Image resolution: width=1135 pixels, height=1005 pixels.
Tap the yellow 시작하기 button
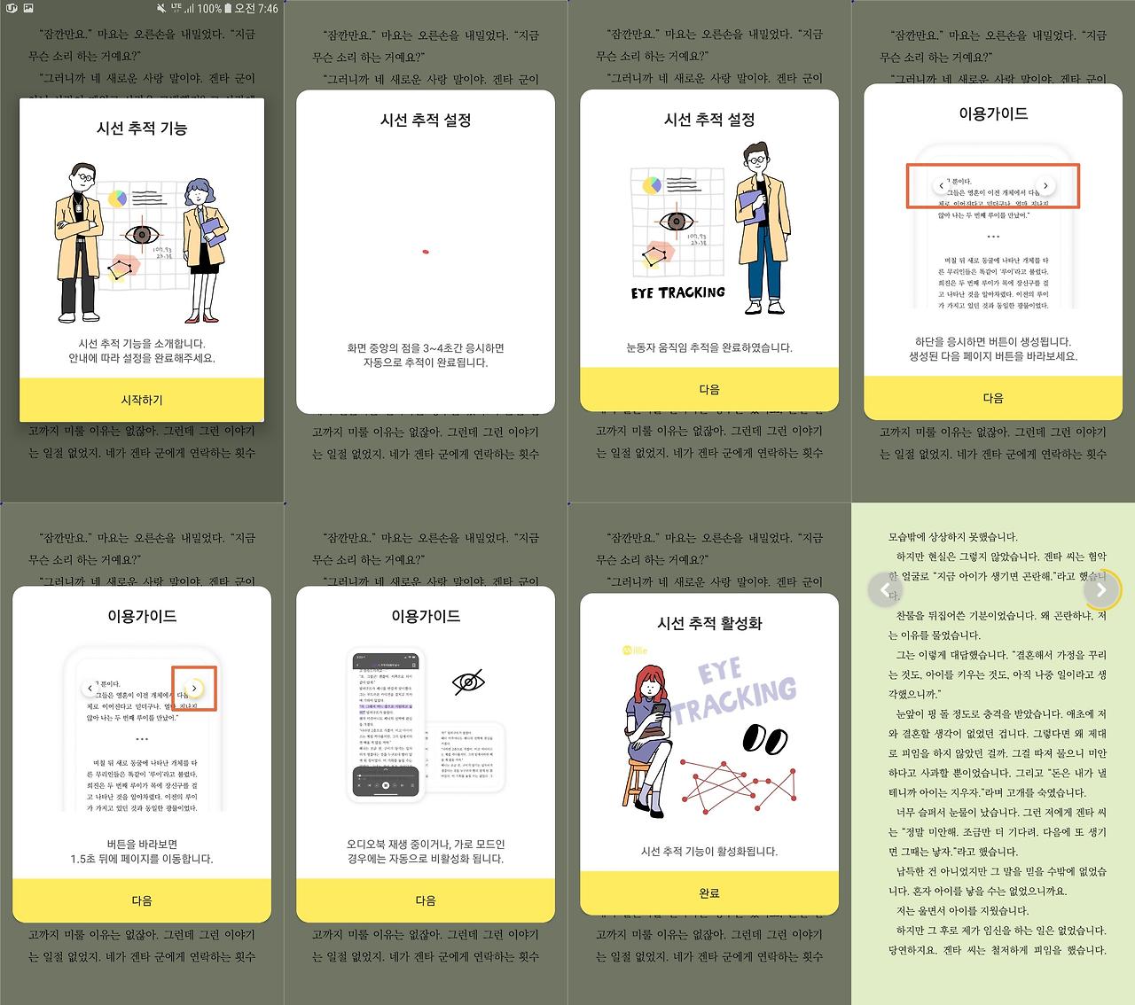[142, 400]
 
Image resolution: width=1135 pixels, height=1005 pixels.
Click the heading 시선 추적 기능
[142, 129]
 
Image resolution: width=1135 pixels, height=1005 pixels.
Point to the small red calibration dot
[426, 252]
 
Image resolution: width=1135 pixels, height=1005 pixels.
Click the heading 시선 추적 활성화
[709, 623]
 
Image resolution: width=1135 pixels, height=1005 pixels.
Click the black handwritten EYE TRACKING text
[678, 292]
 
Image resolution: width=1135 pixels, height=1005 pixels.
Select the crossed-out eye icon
[468, 682]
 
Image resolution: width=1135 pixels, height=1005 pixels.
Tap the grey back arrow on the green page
[884, 589]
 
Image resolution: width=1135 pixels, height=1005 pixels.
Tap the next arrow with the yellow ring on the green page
[1100, 589]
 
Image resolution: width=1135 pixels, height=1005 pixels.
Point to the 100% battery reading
[209, 9]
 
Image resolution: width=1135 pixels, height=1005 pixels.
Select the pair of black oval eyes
[764, 737]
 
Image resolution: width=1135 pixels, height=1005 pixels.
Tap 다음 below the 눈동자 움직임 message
[709, 389]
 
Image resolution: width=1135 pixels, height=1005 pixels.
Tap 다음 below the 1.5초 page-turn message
[142, 900]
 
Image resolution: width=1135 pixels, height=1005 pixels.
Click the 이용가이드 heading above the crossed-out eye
[426, 616]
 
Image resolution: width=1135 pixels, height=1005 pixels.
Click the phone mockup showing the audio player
[385, 725]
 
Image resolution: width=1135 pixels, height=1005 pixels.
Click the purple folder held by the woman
[214, 232]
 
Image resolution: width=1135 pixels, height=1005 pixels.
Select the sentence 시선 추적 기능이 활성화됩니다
[709, 851]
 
